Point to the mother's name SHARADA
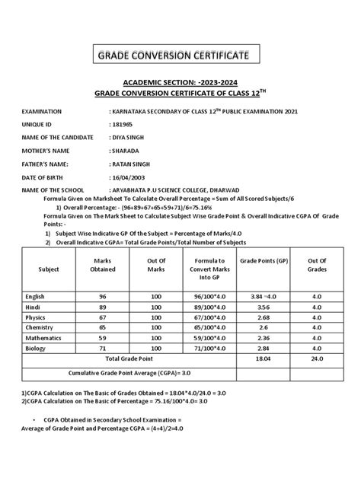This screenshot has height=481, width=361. pyautogui.click(x=126, y=150)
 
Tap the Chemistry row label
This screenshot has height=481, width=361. pyautogui.click(x=40, y=336)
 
